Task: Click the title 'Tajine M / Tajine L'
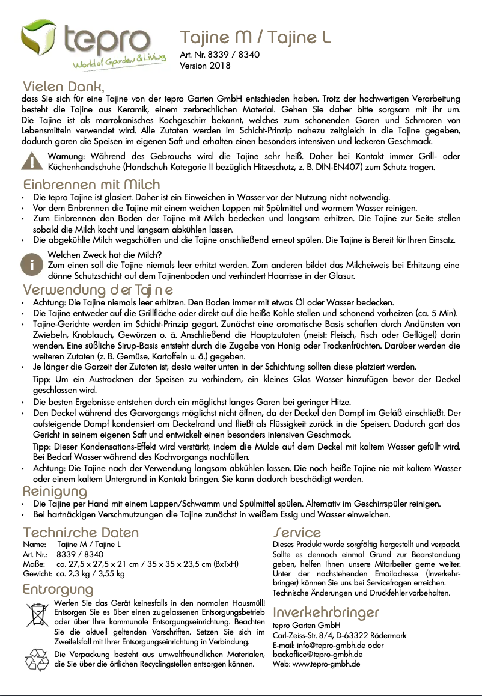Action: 256,38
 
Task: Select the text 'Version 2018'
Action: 205,66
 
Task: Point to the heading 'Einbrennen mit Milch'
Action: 91,184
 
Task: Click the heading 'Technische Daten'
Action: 81,533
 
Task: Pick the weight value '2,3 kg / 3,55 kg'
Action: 90,574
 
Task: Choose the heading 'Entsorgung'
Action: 58,588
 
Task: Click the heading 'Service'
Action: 297,533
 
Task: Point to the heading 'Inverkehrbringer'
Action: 326,612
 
